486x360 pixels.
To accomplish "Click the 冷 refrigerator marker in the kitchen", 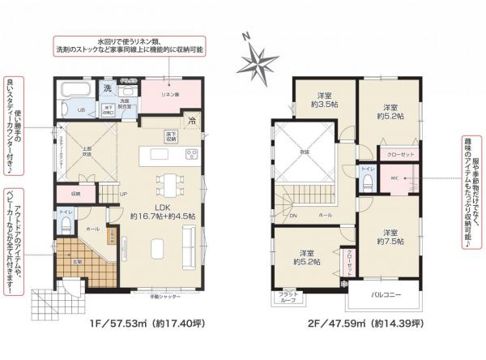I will pyautogui.click(x=191, y=120).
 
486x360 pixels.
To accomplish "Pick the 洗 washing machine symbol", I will pyautogui.click(x=106, y=87).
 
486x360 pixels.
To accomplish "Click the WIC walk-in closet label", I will pyautogui.click(x=394, y=177).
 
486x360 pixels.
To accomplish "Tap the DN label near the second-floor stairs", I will pyautogui.click(x=293, y=216).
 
